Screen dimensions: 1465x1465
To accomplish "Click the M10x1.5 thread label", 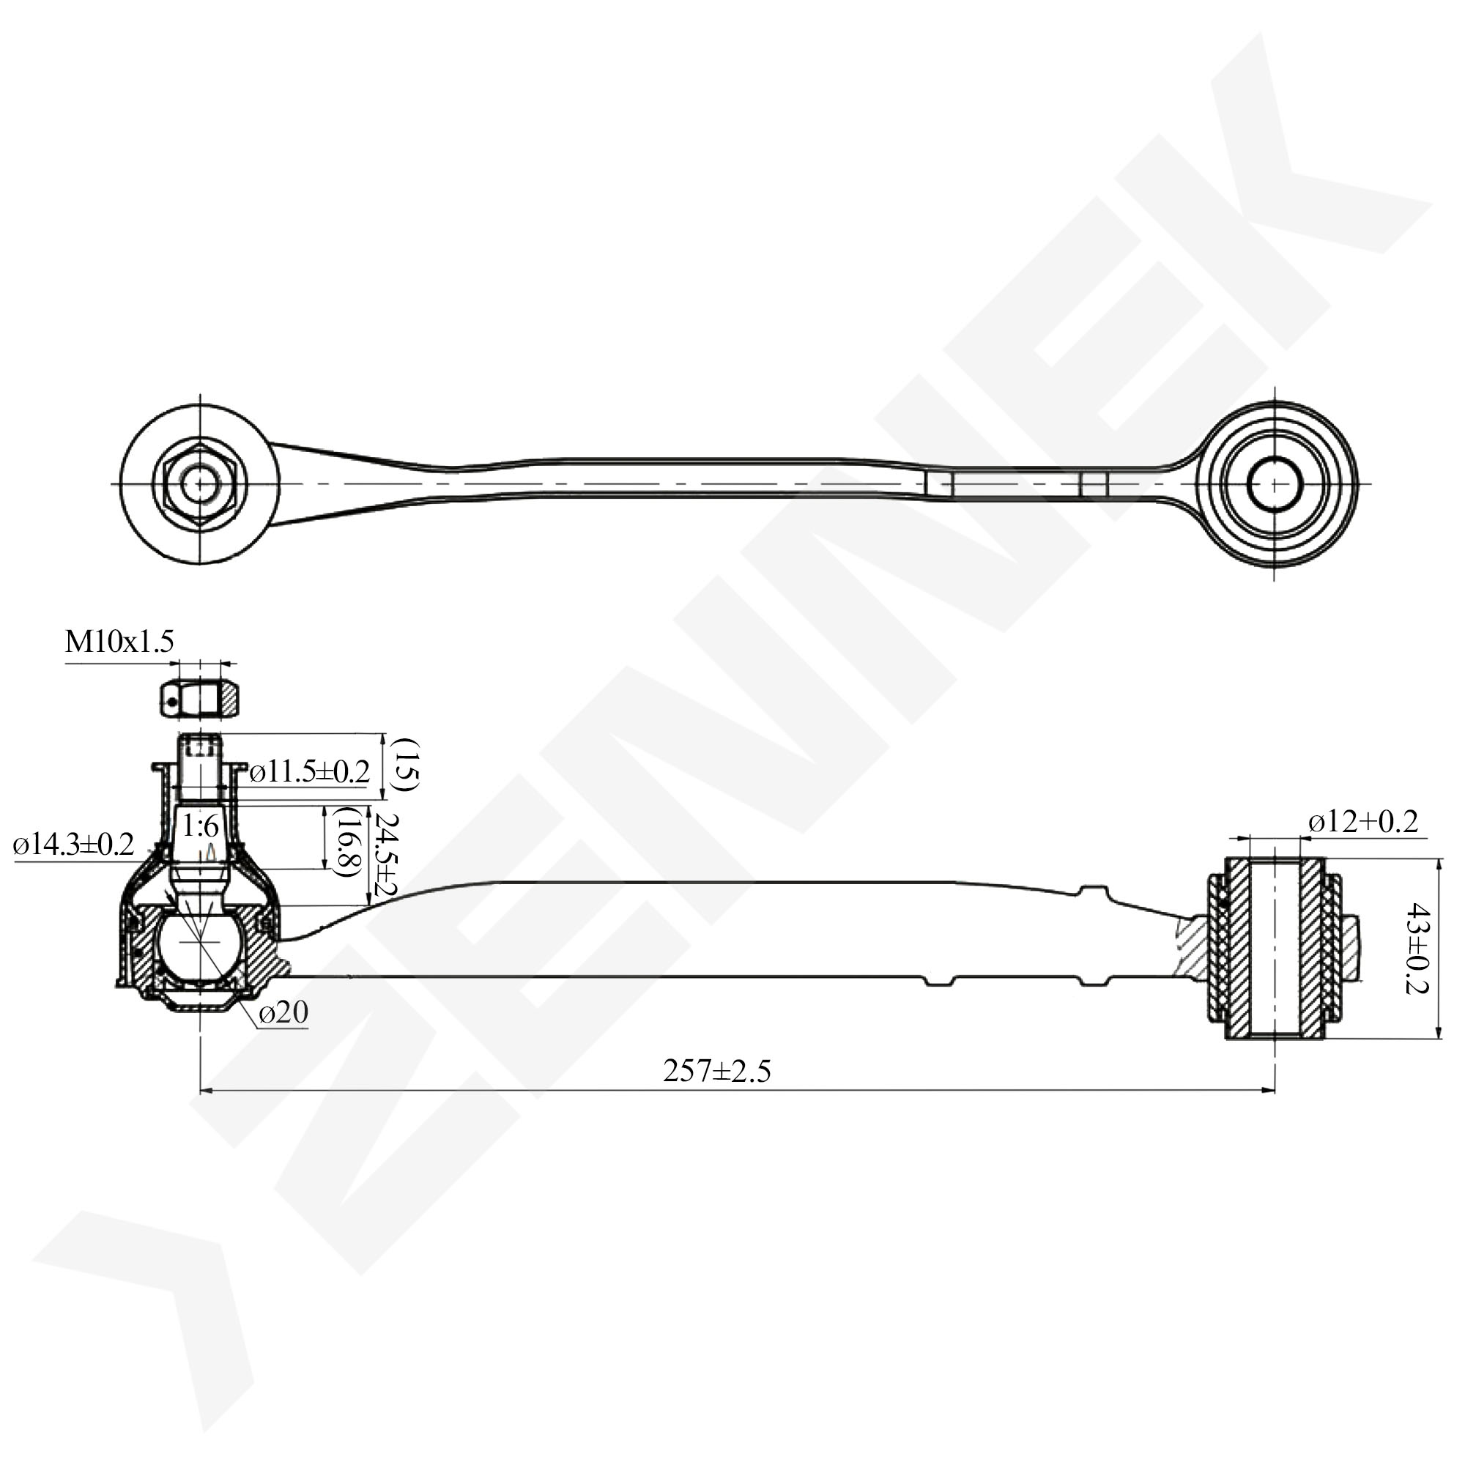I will pos(119,642).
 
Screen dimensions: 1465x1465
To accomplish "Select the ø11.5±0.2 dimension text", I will pos(309,772).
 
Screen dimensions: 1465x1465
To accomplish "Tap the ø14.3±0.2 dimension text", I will pos(73,844).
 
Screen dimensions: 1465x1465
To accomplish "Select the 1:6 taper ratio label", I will pos(200,826).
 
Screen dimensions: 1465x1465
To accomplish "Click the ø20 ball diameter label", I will pos(283,1012).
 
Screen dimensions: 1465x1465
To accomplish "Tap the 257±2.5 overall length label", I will pos(716,1071).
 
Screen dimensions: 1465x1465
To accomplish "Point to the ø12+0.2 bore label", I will pos(1362,822).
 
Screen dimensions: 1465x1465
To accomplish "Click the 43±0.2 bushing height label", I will pos(1417,948).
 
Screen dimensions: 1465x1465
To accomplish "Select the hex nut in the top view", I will pos(199,483).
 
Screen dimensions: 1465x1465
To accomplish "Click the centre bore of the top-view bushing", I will pos(1275,483).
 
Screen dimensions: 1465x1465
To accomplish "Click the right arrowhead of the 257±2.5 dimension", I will pos(1269,1091).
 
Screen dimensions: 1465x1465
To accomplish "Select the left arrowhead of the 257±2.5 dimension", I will pos(206,1091).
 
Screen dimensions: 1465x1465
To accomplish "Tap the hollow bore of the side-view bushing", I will pos(1275,948).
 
